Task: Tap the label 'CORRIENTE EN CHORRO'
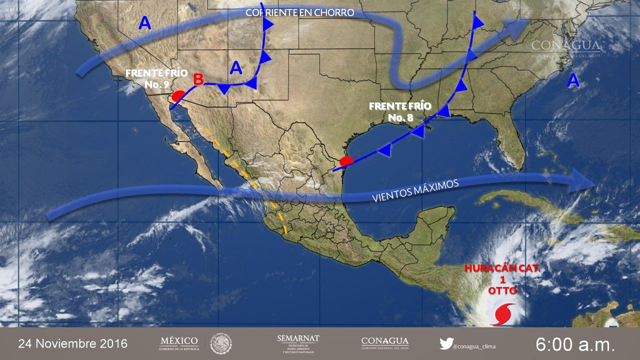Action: click(x=299, y=12)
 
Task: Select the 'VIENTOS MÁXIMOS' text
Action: click(x=415, y=191)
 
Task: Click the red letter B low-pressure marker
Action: click(x=198, y=79)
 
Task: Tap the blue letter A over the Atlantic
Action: click(x=573, y=80)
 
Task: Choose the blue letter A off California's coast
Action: click(x=144, y=23)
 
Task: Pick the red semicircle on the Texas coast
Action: click(x=346, y=161)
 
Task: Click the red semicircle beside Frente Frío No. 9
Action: click(x=177, y=95)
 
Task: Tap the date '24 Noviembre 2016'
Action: click(x=73, y=343)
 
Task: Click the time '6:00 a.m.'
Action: click(x=575, y=344)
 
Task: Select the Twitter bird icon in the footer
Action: click(x=446, y=343)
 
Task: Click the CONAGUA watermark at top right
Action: click(x=565, y=45)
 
